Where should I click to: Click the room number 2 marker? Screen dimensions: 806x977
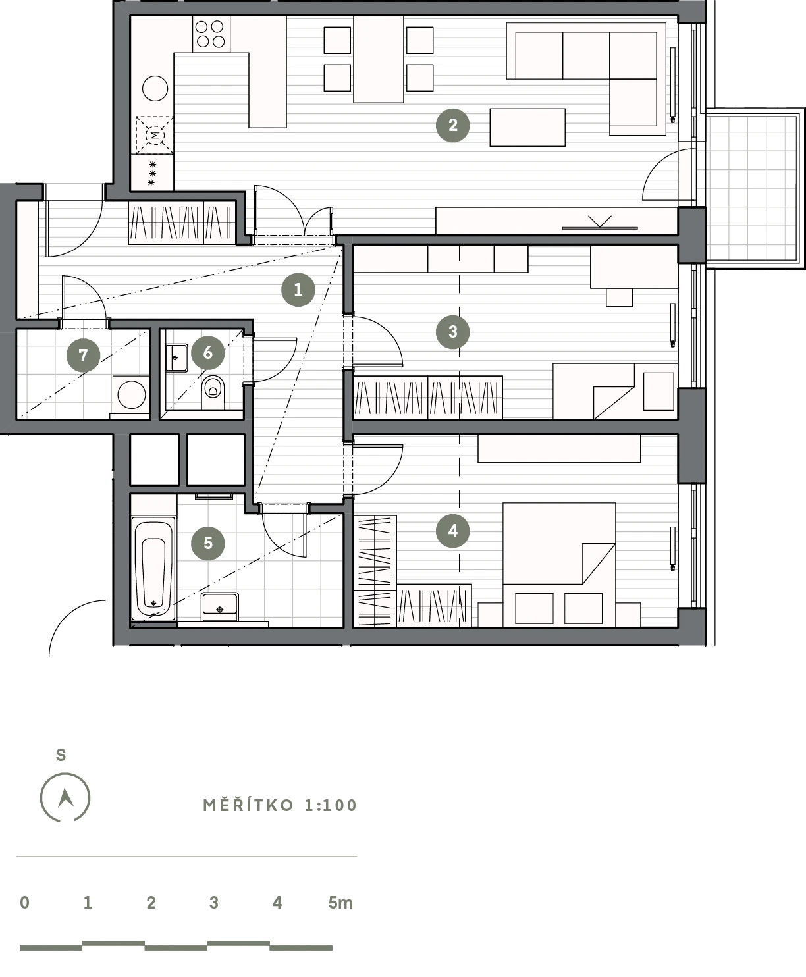(452, 125)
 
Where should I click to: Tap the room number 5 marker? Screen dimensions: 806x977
(208, 542)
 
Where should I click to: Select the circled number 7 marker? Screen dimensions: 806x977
(84, 355)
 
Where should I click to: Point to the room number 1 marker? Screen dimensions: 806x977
(298, 290)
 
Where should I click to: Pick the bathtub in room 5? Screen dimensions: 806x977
(153, 568)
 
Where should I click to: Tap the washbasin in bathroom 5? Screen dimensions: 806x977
(219, 607)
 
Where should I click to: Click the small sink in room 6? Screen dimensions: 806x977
(176, 357)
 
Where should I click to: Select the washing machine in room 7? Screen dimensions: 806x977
(130, 394)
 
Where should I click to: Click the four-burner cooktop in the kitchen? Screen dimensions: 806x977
(211, 34)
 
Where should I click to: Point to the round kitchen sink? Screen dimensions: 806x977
(155, 88)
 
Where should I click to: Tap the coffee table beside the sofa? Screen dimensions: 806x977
(527, 127)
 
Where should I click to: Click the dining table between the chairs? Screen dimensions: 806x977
(378, 59)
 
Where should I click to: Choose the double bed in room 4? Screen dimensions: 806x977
(559, 564)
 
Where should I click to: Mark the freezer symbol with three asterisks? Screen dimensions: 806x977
(151, 173)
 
